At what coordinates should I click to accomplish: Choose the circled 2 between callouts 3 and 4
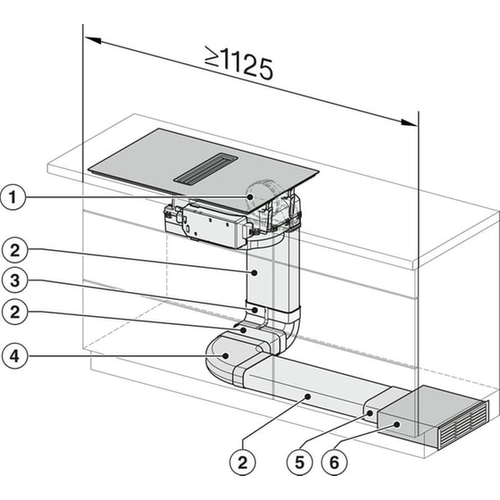coord(12,313)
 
